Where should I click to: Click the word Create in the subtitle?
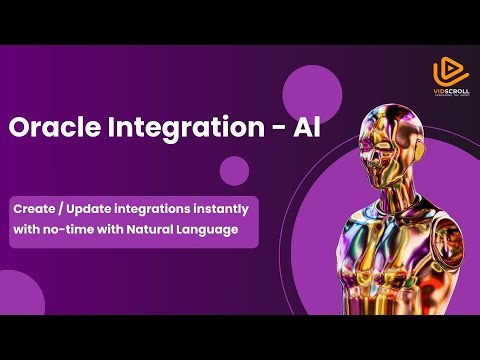pos(34,209)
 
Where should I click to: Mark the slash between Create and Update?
pos(61,209)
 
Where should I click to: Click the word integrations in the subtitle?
pos(155,209)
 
